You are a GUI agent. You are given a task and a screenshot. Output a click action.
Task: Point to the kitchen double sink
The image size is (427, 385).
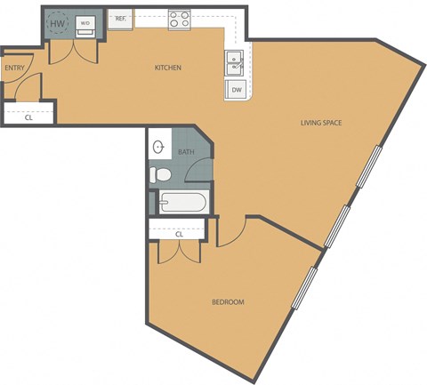(237, 62)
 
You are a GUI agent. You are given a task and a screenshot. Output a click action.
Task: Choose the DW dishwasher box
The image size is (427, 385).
(237, 90)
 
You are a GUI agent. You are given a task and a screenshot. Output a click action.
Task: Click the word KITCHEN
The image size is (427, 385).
(168, 68)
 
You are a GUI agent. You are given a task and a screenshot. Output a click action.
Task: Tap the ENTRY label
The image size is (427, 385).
(14, 68)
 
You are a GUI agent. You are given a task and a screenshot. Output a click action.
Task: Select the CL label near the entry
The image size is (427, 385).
(28, 116)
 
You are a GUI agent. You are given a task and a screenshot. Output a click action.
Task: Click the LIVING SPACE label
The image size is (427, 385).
(321, 123)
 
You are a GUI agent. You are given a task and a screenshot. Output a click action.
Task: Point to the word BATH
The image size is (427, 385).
(186, 152)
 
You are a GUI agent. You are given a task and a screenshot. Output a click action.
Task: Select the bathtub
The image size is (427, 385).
(184, 203)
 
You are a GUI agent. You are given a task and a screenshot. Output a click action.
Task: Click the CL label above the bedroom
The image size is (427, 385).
(179, 234)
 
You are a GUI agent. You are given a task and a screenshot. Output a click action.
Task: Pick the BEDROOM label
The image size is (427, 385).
(228, 302)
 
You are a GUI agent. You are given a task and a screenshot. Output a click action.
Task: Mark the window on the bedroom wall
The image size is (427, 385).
(305, 287)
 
